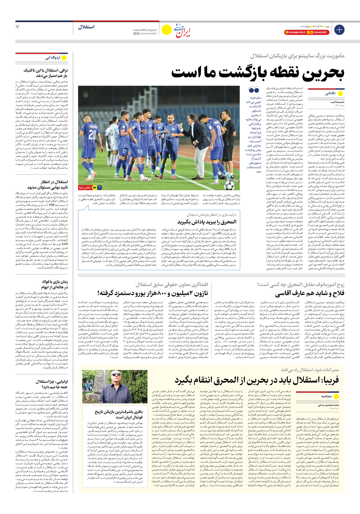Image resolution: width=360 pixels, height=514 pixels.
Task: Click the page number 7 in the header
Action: (18, 27)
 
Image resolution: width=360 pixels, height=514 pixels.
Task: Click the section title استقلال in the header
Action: (86, 27)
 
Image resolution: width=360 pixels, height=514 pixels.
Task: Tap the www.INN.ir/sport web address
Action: (145, 30)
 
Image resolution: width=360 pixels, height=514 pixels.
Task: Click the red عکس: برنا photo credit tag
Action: (85, 187)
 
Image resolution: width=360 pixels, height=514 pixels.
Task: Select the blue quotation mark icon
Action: (254, 90)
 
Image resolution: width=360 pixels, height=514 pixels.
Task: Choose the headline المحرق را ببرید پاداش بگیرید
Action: (206, 222)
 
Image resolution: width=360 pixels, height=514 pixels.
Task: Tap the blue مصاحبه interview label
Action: (326, 396)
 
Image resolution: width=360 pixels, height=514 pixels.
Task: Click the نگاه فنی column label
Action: (330, 93)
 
